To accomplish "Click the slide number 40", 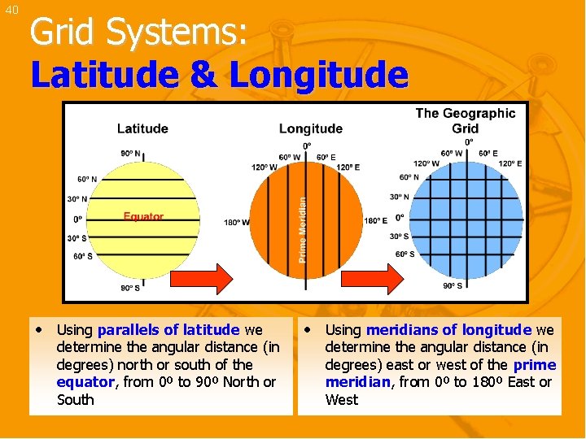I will (x=11, y=10).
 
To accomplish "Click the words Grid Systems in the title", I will (x=138, y=33).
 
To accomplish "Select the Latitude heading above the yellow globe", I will (x=142, y=128).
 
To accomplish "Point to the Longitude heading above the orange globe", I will (x=310, y=128).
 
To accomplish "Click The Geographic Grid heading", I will (x=465, y=120).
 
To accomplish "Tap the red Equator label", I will (x=143, y=216).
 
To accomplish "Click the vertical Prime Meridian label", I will (x=303, y=229).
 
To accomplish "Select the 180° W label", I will (x=236, y=223).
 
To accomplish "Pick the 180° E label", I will (x=376, y=220).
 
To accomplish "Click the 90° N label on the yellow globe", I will (x=129, y=154).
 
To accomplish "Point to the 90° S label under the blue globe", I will (x=453, y=286).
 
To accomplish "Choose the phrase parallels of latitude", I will (x=168, y=329).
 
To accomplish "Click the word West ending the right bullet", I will (x=341, y=399).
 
